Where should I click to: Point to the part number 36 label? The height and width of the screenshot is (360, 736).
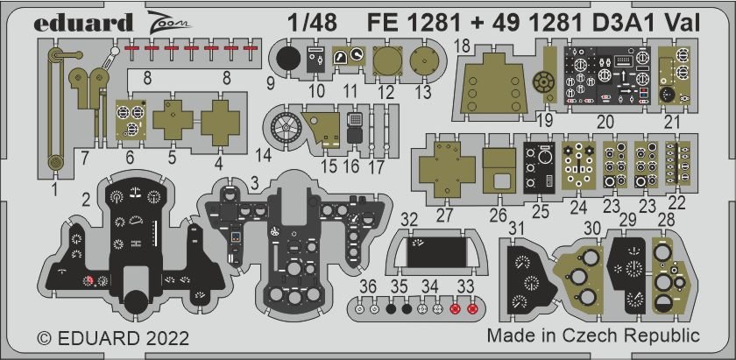click(x=368, y=286)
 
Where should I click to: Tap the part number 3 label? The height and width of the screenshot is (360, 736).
click(x=252, y=181)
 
